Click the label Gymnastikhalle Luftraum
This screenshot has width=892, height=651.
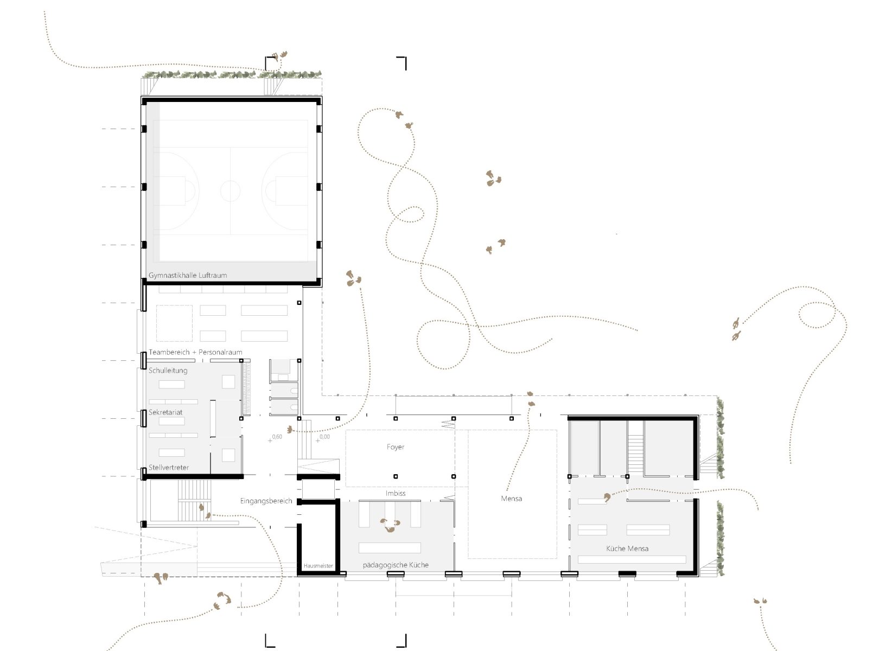[x=188, y=275]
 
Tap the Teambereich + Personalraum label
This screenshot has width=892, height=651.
[x=195, y=352]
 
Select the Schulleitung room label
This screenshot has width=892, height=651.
[x=168, y=371]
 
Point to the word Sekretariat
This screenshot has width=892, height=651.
[x=165, y=412]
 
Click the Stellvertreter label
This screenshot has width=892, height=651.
[x=168, y=468]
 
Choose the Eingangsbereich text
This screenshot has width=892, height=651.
[x=266, y=501]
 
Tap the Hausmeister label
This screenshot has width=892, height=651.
[x=318, y=566]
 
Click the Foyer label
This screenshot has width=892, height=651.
[x=396, y=447]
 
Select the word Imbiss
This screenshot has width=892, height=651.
[x=396, y=493]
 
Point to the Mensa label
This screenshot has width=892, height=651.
[x=511, y=499]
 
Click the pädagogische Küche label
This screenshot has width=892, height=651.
[x=396, y=565]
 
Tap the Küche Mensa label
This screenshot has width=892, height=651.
[x=627, y=548]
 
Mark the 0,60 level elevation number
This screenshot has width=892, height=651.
[x=277, y=437]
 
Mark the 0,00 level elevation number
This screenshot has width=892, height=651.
[x=324, y=437]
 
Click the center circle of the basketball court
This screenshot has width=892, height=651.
[x=230, y=190]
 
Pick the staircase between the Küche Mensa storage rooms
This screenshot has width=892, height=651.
[x=635, y=448]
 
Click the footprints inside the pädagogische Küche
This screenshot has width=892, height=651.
[x=390, y=525]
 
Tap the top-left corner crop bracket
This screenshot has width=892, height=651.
[x=270, y=62]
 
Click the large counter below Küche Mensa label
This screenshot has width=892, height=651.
[x=632, y=559]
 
